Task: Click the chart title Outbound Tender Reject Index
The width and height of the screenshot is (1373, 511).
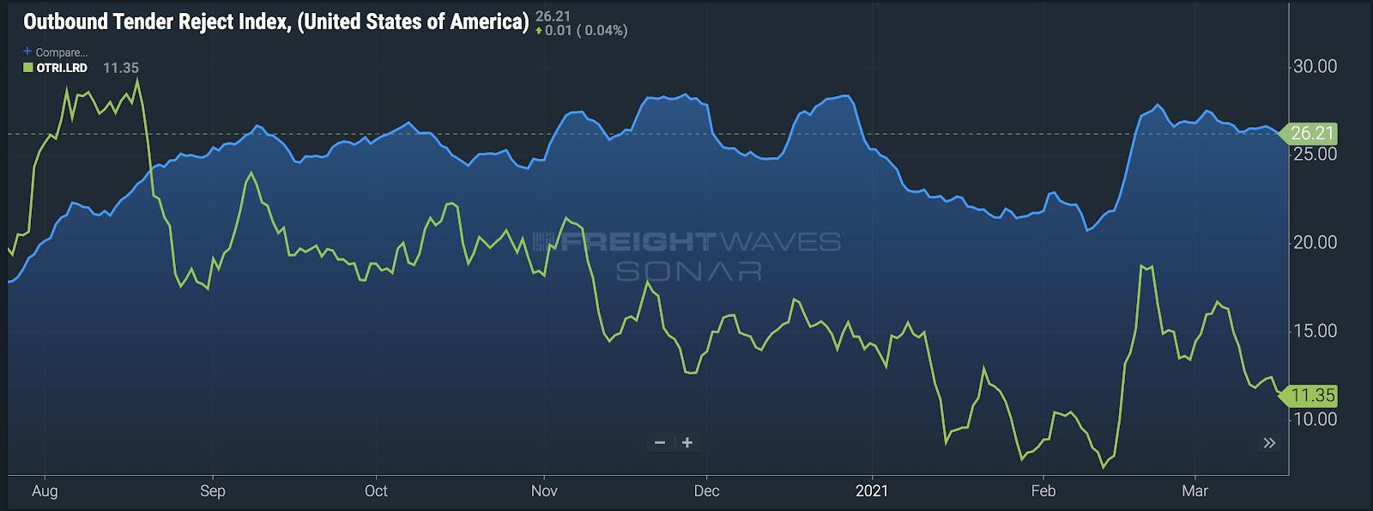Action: point(275,22)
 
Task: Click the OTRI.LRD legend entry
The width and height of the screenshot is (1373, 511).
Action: point(61,68)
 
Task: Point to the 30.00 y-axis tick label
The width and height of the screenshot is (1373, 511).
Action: point(1315,66)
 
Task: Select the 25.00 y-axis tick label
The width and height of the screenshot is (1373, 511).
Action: point(1315,155)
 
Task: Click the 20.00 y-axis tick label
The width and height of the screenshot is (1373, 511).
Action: point(1315,243)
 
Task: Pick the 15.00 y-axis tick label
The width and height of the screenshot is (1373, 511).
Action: point(1315,332)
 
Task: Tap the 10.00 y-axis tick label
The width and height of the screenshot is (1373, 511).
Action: point(1315,419)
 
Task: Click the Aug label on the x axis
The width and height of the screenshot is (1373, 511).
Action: point(45,491)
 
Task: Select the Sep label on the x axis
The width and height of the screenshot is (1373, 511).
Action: point(213,491)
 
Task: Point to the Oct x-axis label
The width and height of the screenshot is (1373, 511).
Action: point(376,491)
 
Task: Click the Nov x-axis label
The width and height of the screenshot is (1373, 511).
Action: point(544,491)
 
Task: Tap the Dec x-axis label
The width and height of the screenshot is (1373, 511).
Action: point(706,491)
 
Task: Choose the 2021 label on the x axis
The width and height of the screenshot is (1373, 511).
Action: point(872,491)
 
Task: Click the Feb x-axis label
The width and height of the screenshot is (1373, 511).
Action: point(1043,491)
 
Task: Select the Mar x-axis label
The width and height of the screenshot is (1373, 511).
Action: point(1195,491)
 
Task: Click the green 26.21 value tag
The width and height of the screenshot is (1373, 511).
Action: point(1311,134)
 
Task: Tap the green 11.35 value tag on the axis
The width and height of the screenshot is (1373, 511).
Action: point(1311,396)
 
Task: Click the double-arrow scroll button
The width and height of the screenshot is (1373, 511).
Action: point(1269,443)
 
